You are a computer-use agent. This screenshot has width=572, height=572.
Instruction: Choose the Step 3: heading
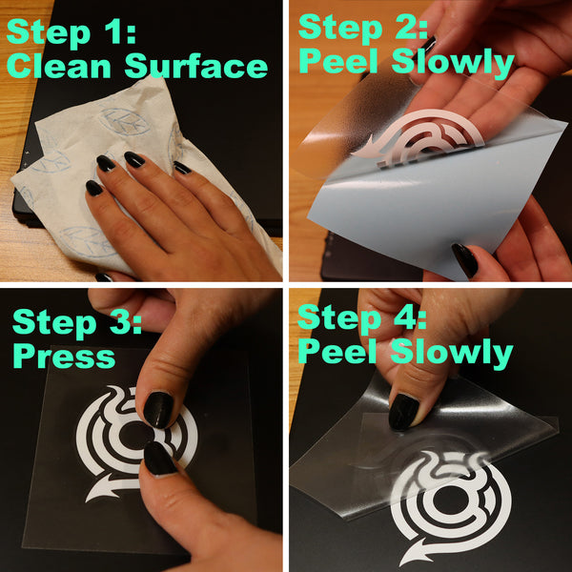click(x=76, y=321)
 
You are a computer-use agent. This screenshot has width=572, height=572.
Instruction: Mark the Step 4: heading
click(x=362, y=317)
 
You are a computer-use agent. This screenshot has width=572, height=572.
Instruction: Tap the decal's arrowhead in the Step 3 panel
click(x=96, y=492)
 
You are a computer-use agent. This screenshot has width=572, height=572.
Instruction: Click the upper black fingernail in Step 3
click(x=157, y=409)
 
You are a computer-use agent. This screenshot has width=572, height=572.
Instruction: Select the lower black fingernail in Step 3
click(x=158, y=459)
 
